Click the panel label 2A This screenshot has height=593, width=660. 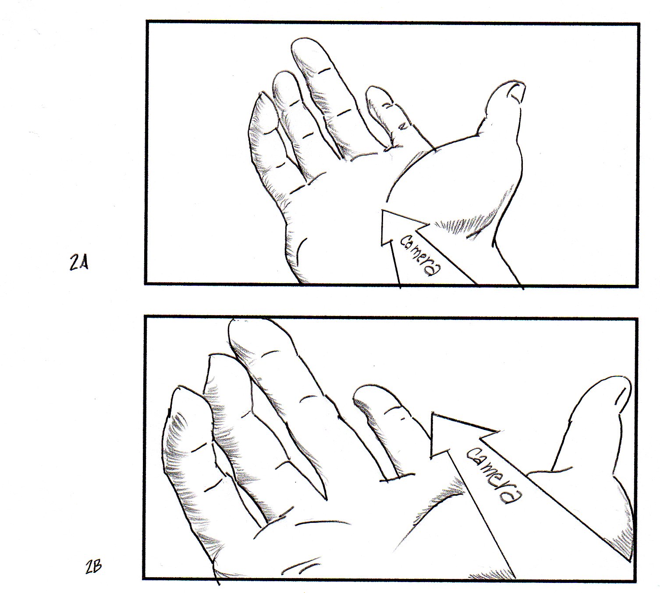point(79,263)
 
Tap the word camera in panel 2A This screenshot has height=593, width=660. point(421,256)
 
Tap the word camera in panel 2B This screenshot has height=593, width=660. point(494,476)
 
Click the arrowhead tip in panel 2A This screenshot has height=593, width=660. point(381,210)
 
